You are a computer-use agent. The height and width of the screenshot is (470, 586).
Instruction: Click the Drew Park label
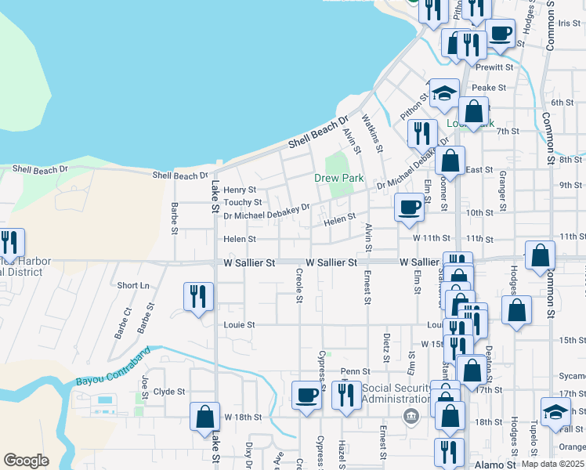(339, 179)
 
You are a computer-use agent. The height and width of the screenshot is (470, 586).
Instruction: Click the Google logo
(26, 461)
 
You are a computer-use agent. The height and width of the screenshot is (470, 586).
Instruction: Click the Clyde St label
(168, 392)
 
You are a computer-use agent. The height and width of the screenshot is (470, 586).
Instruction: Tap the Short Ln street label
(132, 286)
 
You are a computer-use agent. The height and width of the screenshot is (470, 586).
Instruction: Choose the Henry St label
(240, 190)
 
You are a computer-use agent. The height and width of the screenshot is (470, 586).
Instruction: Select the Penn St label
(354, 371)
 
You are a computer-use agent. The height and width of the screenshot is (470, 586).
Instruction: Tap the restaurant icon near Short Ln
(197, 297)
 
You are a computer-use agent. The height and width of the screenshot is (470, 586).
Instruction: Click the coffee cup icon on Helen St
(409, 208)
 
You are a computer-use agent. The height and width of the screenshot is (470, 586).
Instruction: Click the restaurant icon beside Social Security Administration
(346, 395)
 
